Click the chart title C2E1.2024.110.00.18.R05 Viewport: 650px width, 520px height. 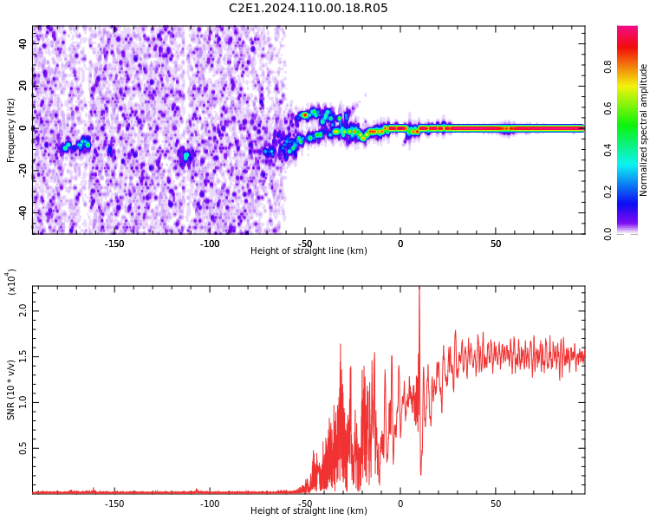pyautogui.click(x=309, y=8)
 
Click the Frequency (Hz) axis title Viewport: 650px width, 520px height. pyautogui.click(x=11, y=130)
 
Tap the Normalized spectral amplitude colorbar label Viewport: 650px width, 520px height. pyautogui.click(x=644, y=130)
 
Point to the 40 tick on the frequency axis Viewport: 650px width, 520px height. pyautogui.click(x=23, y=42)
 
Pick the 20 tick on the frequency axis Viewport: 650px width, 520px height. pyautogui.click(x=23, y=85)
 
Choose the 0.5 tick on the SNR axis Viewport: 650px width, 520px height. pyautogui.click(x=23, y=448)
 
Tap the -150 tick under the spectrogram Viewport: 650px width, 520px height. pyautogui.click(x=114, y=244)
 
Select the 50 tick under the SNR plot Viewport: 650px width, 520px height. pyautogui.click(x=495, y=503)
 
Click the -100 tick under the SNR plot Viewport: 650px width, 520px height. pyautogui.click(x=210, y=503)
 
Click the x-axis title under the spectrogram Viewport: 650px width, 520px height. pyautogui.click(x=309, y=251)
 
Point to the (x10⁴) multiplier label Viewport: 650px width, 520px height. pyautogui.click(x=12, y=282)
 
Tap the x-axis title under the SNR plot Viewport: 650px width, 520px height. pyautogui.click(x=309, y=511)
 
